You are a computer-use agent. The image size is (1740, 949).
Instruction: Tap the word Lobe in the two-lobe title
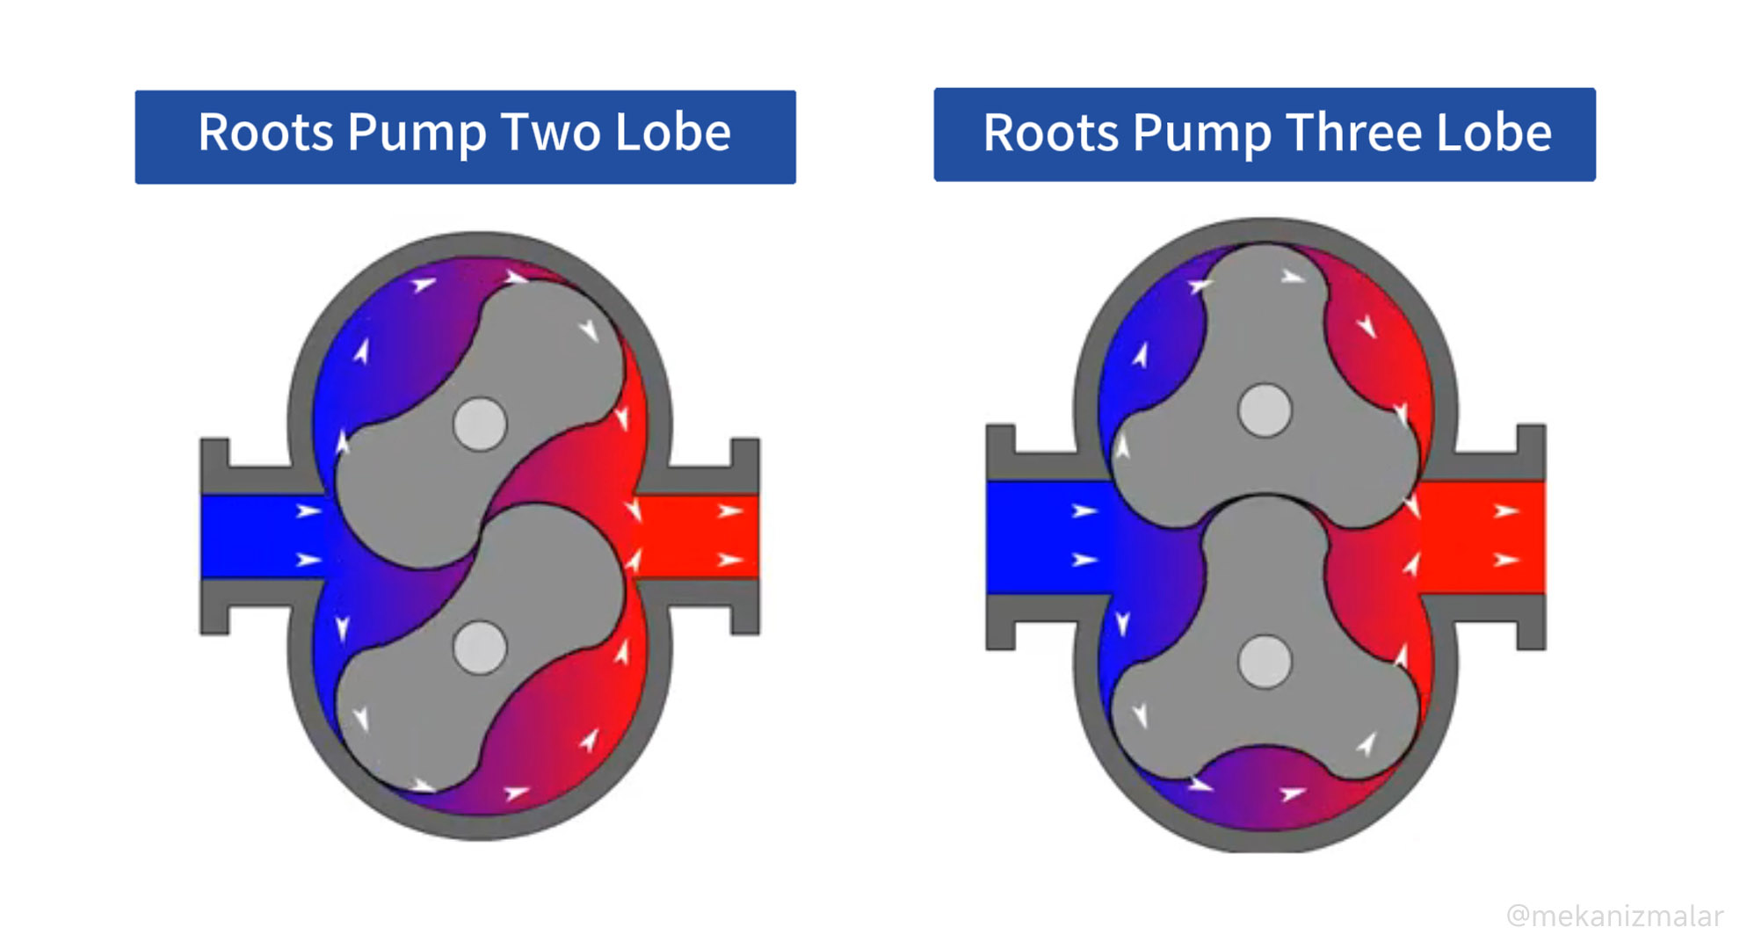[x=672, y=133]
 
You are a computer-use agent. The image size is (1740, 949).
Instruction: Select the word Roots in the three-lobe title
[x=1050, y=133]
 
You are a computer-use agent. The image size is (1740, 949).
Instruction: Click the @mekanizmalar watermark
[x=1614, y=916]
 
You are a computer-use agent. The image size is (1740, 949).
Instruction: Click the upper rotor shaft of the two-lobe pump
[x=480, y=424]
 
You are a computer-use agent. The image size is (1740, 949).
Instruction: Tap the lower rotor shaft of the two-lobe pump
[x=480, y=648]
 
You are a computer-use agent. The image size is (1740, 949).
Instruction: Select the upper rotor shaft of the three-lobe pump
[x=1265, y=410]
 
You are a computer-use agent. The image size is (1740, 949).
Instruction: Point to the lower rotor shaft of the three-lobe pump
[x=1265, y=662]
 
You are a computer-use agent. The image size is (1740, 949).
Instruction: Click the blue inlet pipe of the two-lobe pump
[x=255, y=536]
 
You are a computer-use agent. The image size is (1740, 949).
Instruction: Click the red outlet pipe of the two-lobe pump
[x=703, y=536]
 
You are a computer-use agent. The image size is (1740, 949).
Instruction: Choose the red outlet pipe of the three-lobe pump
[x=1485, y=536]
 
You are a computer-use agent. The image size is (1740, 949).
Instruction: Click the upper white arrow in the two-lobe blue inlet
[x=308, y=511]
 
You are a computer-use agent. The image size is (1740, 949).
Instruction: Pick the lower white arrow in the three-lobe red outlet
[x=1505, y=560]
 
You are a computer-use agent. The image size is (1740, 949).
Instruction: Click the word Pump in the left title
[x=417, y=133]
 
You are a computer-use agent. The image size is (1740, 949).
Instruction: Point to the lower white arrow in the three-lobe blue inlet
[x=1084, y=560]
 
